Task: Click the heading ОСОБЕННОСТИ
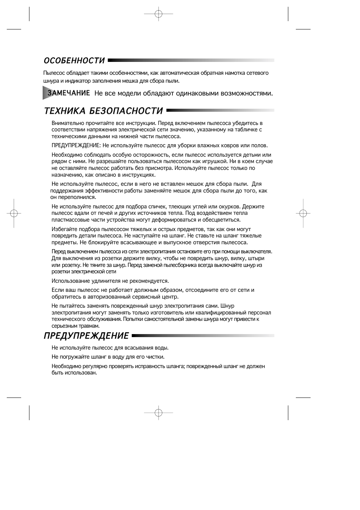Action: tap(74, 61)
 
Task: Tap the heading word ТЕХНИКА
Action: tap(64, 111)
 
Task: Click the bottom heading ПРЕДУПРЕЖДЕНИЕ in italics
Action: tap(86, 336)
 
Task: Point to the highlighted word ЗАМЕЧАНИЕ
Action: tap(68, 93)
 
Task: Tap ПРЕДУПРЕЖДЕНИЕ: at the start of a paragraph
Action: tap(76, 145)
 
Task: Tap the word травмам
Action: tap(89, 326)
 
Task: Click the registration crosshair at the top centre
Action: tap(158, 14)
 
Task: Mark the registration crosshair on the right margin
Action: tap(303, 213)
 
